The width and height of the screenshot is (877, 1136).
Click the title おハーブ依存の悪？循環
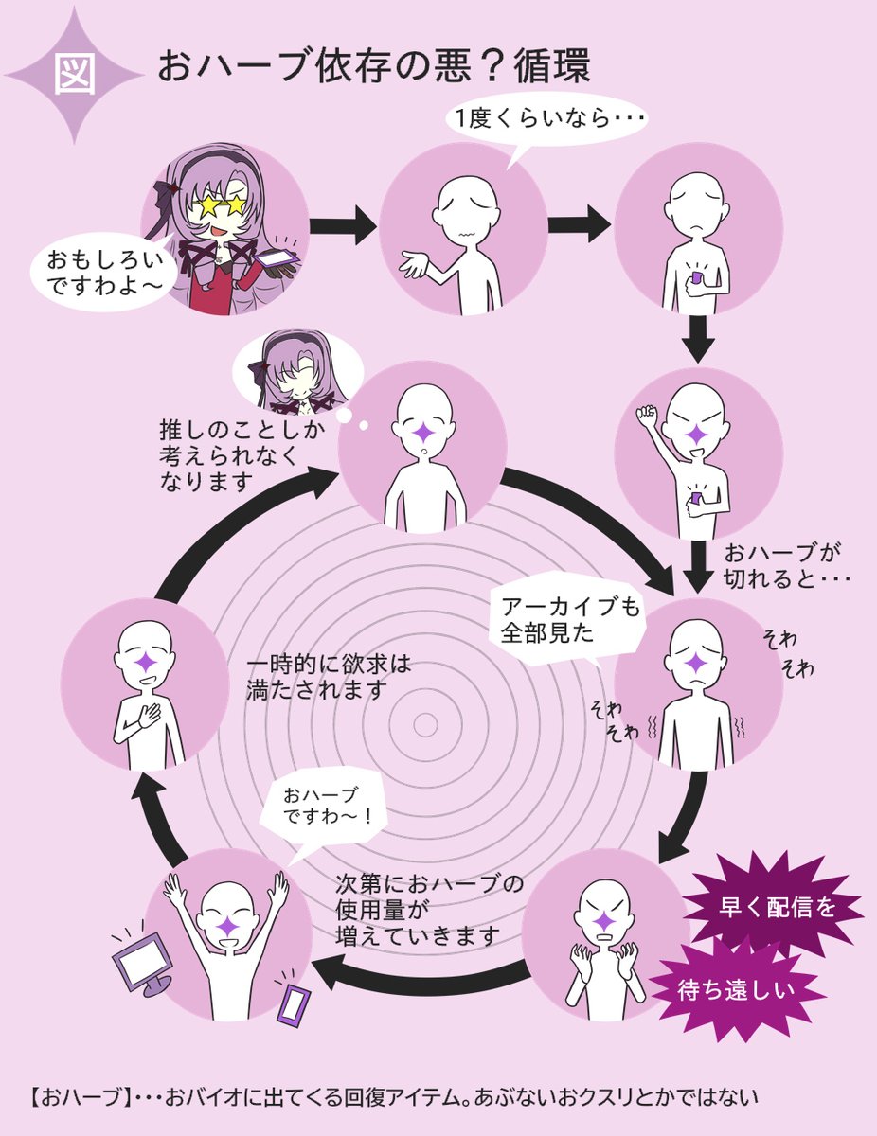373,67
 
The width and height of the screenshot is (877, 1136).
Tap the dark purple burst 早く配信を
771,906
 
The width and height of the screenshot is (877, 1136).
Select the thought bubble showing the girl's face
291,372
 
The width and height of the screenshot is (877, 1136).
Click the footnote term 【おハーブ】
78,1099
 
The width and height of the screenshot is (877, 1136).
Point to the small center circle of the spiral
425,725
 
